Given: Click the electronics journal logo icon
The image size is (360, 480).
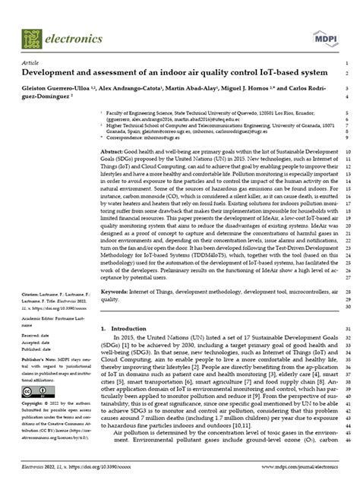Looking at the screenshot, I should click(31, 35).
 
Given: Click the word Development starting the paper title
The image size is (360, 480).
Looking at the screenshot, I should click(52, 74).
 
